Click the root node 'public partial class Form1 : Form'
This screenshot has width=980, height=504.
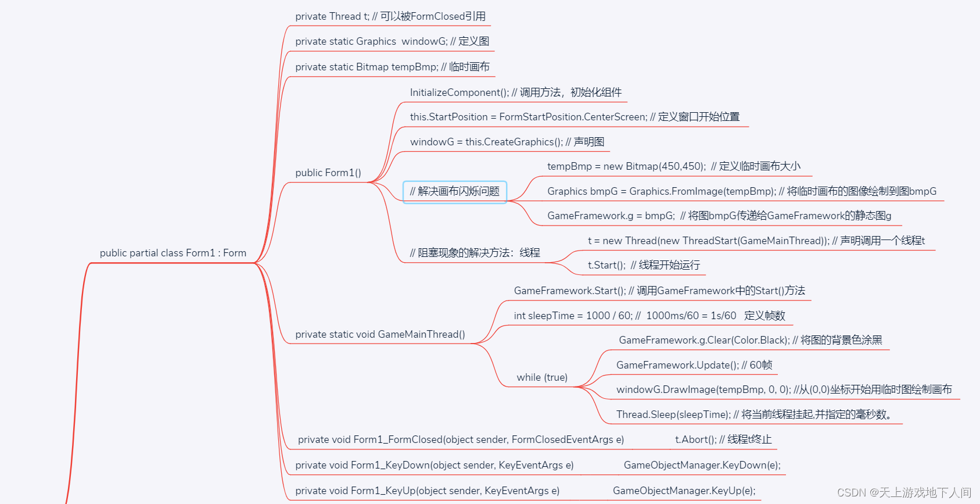click(173, 253)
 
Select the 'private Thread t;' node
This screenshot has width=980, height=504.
click(390, 16)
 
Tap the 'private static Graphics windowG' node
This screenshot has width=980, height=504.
click(392, 41)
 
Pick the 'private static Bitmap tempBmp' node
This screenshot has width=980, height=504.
click(392, 67)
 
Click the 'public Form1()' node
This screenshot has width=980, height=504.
click(328, 173)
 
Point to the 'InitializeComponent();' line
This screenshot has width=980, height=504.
click(515, 92)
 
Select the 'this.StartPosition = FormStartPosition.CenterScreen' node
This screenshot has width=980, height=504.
click(574, 117)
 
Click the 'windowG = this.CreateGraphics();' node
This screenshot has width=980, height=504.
click(507, 142)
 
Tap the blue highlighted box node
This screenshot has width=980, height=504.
click(454, 191)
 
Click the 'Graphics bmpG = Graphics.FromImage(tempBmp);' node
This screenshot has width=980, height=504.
click(741, 191)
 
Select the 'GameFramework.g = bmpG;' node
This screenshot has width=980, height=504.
click(719, 216)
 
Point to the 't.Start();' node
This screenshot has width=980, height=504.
click(643, 265)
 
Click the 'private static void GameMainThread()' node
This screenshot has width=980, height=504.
click(380, 334)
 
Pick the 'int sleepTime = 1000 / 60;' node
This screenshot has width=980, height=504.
click(649, 316)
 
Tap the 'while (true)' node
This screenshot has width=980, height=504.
click(541, 377)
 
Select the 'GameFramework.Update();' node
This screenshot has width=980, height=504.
click(694, 365)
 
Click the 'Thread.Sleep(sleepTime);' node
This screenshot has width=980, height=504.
click(753, 414)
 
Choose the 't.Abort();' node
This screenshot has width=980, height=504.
click(723, 439)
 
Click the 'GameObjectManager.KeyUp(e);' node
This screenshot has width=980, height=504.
click(684, 491)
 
